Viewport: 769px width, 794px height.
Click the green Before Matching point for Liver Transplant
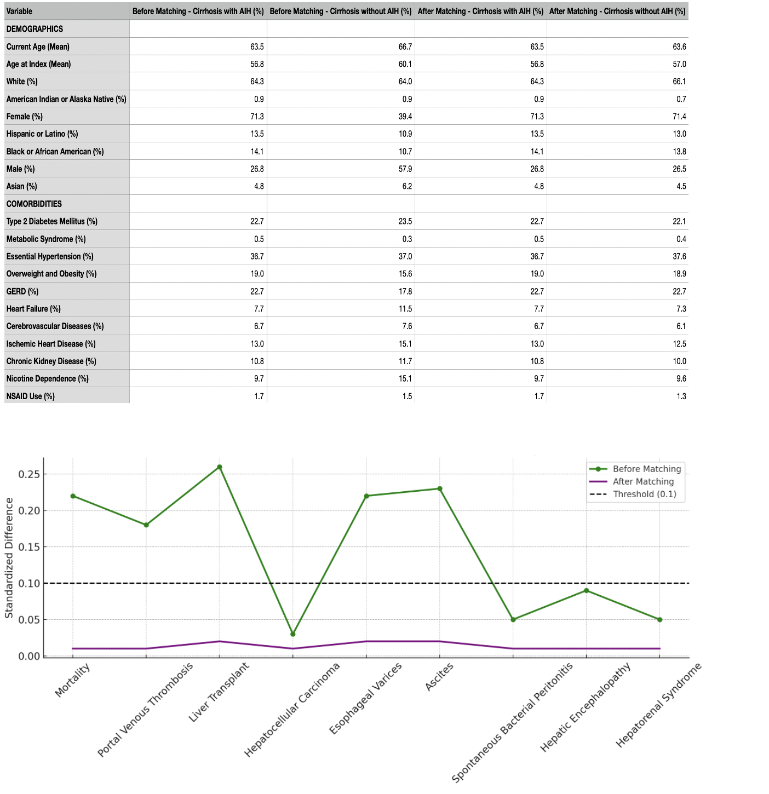click(219, 467)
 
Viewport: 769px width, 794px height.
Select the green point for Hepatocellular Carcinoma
click(292, 634)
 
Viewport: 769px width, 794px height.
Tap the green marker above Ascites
click(440, 488)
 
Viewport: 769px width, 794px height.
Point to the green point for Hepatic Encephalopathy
click(586, 590)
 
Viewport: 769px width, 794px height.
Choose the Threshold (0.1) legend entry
click(633, 494)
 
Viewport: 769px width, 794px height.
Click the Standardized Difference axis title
click(9, 558)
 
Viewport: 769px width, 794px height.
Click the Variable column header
click(19, 11)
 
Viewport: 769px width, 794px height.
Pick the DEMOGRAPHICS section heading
click(35, 29)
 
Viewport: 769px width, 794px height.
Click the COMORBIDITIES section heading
click(34, 204)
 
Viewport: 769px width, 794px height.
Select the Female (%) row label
click(25, 117)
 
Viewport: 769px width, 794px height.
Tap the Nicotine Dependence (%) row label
click(47, 378)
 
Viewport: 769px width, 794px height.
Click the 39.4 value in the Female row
click(405, 117)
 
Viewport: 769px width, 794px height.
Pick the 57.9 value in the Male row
click(405, 169)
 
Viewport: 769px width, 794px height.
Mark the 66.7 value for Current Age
click(405, 47)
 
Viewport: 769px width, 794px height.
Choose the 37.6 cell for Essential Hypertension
click(680, 256)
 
